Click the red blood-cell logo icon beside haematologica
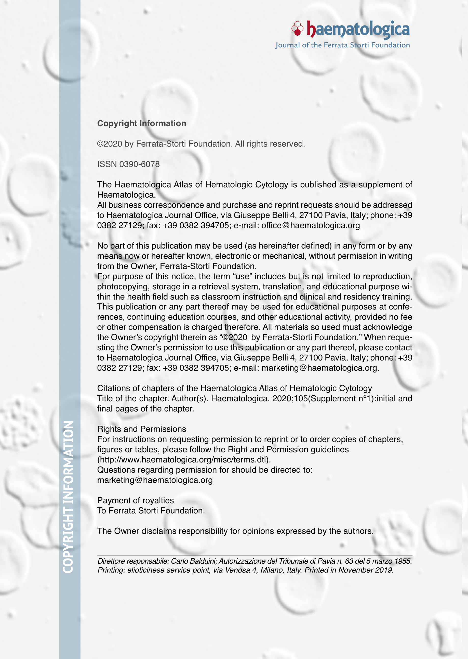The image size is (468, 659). point(297,28)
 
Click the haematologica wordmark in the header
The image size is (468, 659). point(358,29)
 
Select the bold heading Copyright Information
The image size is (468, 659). point(141,123)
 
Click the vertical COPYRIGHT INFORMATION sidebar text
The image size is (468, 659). point(68,497)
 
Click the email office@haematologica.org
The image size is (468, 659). point(311,225)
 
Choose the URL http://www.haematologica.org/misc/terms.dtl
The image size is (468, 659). point(184,459)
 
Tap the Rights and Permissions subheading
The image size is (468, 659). point(141,429)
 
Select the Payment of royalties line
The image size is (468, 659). point(136,500)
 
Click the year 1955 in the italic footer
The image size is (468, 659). point(403,561)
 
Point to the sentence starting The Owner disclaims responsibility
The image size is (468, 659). point(235,531)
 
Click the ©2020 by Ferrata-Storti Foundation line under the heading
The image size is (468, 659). point(201,144)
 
